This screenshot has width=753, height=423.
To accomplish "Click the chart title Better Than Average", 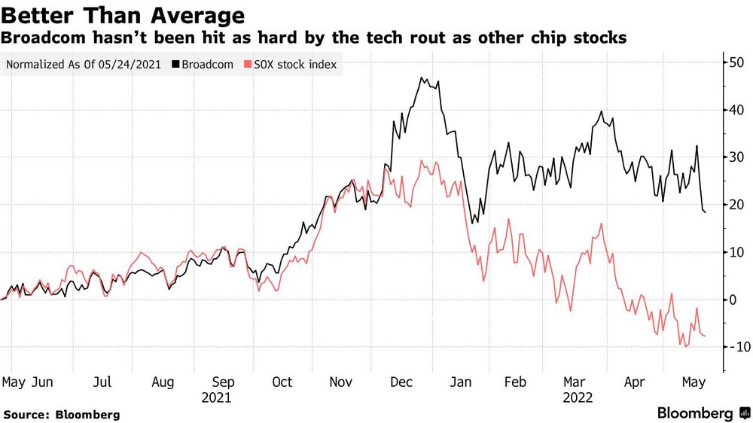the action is pyautogui.click(x=123, y=15).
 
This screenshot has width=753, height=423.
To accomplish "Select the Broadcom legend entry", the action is pyautogui.click(x=203, y=64).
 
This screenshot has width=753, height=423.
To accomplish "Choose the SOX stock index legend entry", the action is pyautogui.click(x=291, y=64).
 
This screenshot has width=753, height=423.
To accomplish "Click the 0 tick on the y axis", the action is pyautogui.click(x=733, y=300).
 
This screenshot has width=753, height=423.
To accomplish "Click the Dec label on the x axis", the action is pyautogui.click(x=401, y=382).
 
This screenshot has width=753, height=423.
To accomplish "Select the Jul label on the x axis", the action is pyautogui.click(x=102, y=382).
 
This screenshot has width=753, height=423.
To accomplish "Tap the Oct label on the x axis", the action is pyautogui.click(x=282, y=382).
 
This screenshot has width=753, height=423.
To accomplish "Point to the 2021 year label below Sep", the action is pyautogui.click(x=216, y=398).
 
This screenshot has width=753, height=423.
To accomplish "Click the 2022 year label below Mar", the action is pyautogui.click(x=578, y=398).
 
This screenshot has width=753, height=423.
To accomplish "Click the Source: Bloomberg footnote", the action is pyautogui.click(x=62, y=415).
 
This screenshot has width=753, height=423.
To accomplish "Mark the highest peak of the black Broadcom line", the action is pyautogui.click(x=421, y=78).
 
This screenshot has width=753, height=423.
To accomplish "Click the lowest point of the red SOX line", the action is pyautogui.click(x=686, y=346).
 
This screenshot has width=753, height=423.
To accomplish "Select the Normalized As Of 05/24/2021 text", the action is pyautogui.click(x=84, y=64).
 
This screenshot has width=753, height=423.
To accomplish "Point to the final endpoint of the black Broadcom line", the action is pyautogui.click(x=705, y=211).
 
